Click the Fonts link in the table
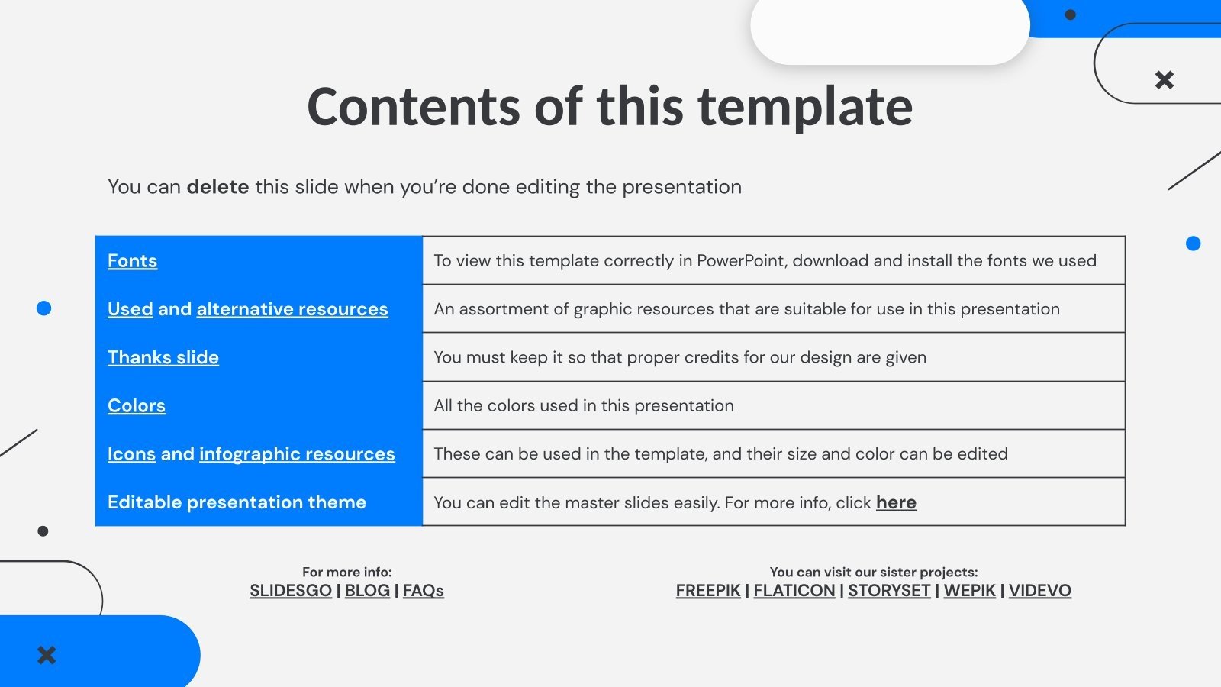point(132,261)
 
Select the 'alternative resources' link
point(292,309)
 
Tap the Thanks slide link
point(163,357)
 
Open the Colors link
point(137,406)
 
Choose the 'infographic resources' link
point(297,454)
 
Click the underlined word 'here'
point(896,502)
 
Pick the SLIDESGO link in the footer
point(291,591)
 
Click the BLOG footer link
point(367,591)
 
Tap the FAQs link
point(423,591)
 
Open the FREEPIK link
point(708,591)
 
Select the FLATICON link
point(794,591)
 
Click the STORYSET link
point(889,591)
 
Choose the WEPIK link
point(969,591)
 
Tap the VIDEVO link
point(1039,591)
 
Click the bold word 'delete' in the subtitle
point(217,187)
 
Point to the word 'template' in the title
point(805,107)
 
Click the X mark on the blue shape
point(47,655)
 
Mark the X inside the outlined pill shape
point(1164,79)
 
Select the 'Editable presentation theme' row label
point(237,502)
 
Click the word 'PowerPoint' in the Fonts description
point(742,261)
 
